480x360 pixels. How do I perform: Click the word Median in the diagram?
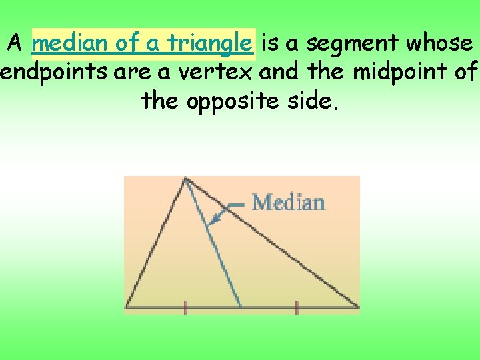(289, 202)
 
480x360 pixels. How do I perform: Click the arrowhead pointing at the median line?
(213, 223)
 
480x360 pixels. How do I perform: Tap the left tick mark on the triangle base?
(185, 307)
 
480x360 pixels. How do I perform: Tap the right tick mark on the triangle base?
(297, 307)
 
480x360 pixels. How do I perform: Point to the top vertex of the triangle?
(185, 177)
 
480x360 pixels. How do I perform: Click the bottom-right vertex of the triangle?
(358, 307)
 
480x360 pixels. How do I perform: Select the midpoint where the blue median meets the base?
(241, 307)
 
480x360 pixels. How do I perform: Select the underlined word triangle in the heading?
(209, 44)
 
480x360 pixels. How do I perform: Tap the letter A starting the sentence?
(16, 44)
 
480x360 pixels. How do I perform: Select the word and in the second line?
(280, 71)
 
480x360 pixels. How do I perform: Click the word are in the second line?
(133, 71)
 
